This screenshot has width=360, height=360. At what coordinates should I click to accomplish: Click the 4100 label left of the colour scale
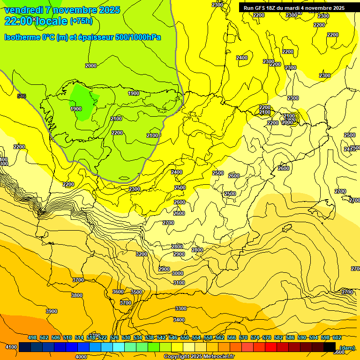tap(11, 347)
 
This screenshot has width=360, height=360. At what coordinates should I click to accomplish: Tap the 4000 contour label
tap(81, 356)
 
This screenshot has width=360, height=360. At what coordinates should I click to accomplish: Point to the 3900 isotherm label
tap(52, 311)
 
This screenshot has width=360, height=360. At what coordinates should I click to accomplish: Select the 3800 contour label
tap(77, 295)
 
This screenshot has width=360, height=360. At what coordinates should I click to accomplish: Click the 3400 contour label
tap(179, 320)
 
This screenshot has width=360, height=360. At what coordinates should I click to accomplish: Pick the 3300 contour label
tap(180, 308)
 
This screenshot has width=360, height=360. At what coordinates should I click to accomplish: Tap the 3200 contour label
tap(142, 254)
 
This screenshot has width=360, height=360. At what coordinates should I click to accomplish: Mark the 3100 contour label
tap(179, 283)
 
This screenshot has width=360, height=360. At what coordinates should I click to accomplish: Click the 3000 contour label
tap(178, 273)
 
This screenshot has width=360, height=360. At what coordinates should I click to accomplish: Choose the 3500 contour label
tap(136, 292)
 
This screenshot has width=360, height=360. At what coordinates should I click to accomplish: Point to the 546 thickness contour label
tap(22, 96)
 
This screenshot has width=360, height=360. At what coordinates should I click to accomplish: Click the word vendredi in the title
tap(24, 10)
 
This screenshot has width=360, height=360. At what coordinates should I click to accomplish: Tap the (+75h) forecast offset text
tap(81, 21)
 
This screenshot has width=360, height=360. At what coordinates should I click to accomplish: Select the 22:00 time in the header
tap(18, 21)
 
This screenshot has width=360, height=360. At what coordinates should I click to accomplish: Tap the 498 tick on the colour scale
tap(32, 337)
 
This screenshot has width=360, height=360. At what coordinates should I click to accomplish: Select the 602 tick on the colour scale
tap(337, 337)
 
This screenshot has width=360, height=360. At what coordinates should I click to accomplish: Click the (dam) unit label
tap(346, 347)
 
